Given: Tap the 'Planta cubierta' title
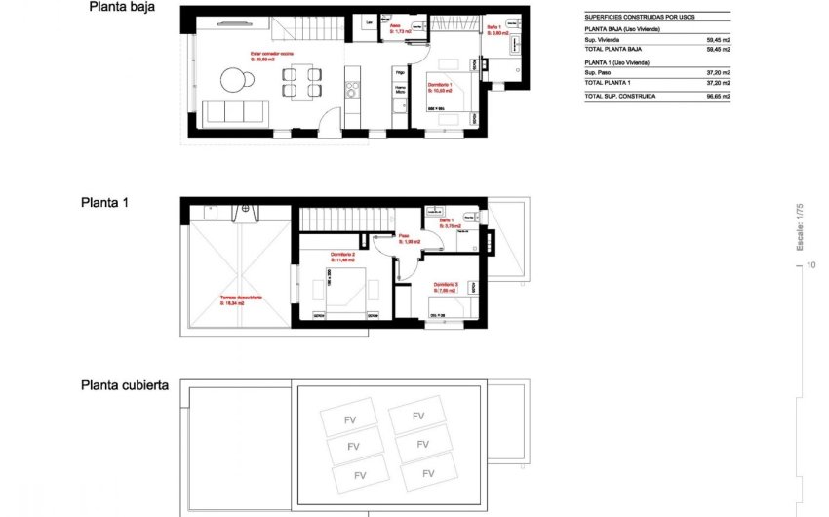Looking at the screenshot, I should pos(125,385).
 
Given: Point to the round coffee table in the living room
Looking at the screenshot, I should pos(235,79).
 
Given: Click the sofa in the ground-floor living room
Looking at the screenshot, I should pos(237,110).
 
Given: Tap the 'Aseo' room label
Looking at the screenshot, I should pos(395,26).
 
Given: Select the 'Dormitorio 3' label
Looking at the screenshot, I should pos(446,284).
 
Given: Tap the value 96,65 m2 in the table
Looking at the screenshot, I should pos(717,97).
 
